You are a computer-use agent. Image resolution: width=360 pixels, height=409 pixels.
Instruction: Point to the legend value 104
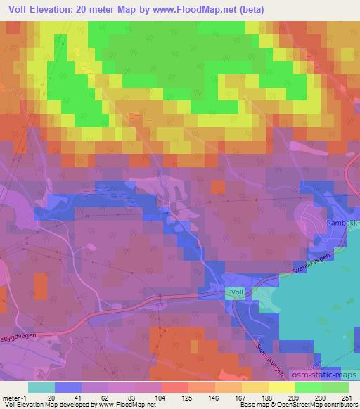click(x=161, y=398)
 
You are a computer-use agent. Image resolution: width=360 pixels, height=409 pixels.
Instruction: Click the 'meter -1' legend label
click(x=14, y=398)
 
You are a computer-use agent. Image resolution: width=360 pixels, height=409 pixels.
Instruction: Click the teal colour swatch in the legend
click(x=41, y=387)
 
